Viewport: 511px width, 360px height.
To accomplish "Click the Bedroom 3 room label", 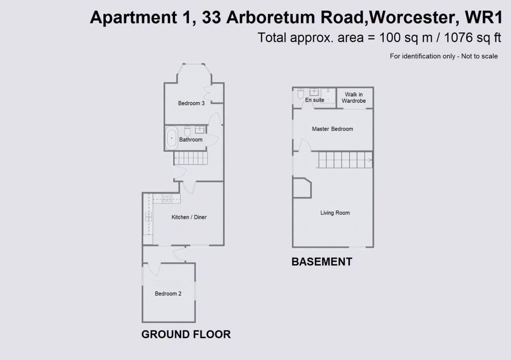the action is [x=191, y=103].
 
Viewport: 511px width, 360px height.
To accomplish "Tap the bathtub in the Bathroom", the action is [x=172, y=138].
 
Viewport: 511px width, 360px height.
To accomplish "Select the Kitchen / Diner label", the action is [x=189, y=217].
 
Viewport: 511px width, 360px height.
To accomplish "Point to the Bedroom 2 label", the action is [x=168, y=294].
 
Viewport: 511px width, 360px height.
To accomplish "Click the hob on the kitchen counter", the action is [x=167, y=198].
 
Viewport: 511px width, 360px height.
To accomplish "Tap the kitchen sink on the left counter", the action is [x=148, y=217].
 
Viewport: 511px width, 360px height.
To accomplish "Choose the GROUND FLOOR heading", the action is [x=186, y=334].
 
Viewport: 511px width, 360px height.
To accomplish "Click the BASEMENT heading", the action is [x=322, y=262].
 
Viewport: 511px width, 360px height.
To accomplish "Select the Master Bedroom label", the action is [x=332, y=129].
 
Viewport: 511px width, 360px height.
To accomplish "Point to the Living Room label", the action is [x=335, y=213].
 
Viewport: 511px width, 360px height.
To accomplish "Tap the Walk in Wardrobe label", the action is [x=354, y=98].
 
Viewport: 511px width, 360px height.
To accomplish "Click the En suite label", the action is [x=314, y=100].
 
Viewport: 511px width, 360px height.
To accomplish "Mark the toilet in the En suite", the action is [x=300, y=93].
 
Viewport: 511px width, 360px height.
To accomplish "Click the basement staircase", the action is [x=345, y=160].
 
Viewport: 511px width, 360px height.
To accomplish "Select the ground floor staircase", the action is [x=191, y=158].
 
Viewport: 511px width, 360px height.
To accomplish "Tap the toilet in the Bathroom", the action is [x=188, y=131].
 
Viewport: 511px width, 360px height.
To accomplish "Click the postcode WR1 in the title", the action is [x=484, y=17].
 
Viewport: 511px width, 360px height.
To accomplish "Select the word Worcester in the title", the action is [x=412, y=17].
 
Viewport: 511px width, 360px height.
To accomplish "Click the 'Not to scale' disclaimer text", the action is [x=480, y=56].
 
